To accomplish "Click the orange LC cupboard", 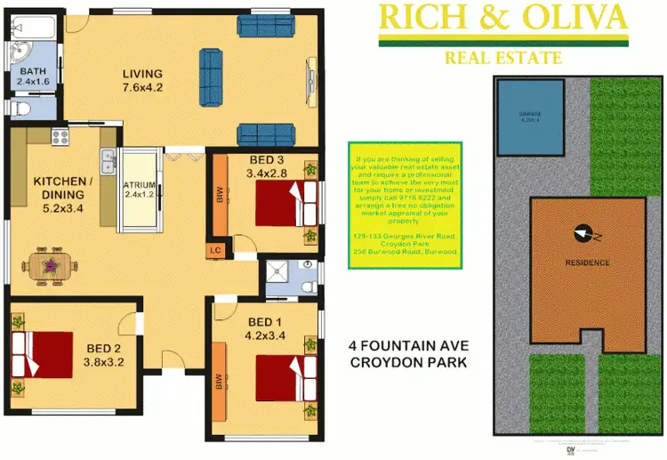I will tap(214, 250).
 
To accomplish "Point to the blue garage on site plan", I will tap(530, 115).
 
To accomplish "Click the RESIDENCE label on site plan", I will tap(588, 262).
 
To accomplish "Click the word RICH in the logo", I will tap(418, 16).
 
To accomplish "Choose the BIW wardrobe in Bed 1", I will tap(219, 383).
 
